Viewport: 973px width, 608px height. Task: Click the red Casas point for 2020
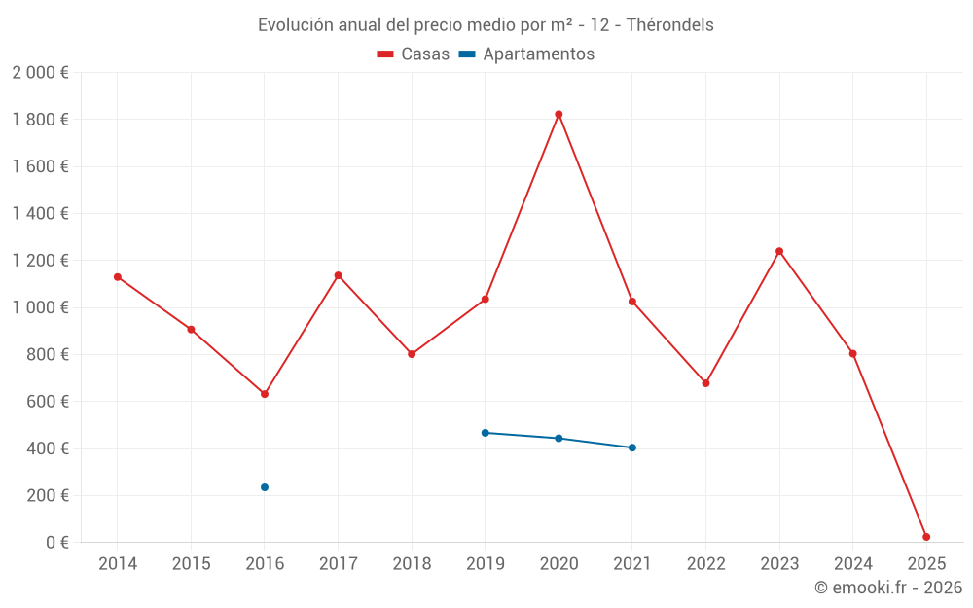point(559,114)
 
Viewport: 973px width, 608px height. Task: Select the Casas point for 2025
point(926,537)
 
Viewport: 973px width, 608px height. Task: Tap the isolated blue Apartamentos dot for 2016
point(265,487)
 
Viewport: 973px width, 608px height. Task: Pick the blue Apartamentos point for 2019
point(486,433)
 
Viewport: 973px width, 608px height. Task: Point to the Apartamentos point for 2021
point(632,447)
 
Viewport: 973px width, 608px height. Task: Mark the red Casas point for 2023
point(779,251)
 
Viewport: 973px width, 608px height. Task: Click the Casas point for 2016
point(265,394)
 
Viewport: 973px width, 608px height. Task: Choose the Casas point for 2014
point(118,277)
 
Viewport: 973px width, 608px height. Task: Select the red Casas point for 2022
point(705,383)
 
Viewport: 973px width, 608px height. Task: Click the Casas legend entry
point(414,54)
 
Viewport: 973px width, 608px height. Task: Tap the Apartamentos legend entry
point(526,54)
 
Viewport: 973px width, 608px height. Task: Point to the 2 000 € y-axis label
point(40,73)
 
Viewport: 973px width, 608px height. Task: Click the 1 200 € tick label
point(40,261)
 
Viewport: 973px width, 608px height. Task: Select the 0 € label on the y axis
point(57,543)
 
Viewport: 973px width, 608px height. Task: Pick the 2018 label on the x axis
point(412,564)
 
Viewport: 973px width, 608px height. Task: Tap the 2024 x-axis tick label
point(852,564)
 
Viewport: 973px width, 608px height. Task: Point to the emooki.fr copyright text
point(887,588)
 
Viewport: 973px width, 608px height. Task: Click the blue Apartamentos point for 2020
point(559,439)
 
